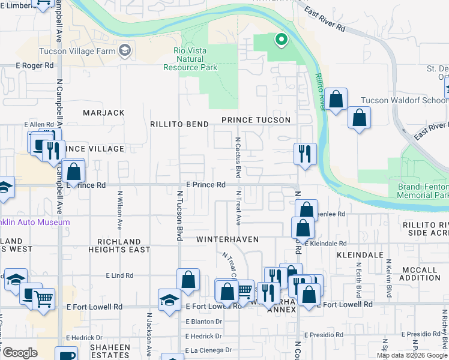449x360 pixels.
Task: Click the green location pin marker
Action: coord(280,40)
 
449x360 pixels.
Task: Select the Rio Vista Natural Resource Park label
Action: coord(190,59)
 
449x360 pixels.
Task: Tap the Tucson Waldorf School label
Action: coord(403,101)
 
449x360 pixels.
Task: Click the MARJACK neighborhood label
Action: coord(103,113)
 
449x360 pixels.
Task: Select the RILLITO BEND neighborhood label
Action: coord(180,124)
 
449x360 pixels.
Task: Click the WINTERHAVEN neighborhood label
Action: coord(228,239)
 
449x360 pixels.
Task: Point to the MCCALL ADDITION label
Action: coord(420,274)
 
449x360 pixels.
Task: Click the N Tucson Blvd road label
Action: coord(179,216)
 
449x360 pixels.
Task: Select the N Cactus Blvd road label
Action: coord(238,158)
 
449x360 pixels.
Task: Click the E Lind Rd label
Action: coord(119,275)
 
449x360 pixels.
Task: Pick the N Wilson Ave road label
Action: coord(120,210)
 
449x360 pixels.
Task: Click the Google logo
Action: coord(20,352)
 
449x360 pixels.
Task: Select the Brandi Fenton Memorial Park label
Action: coord(423,191)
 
